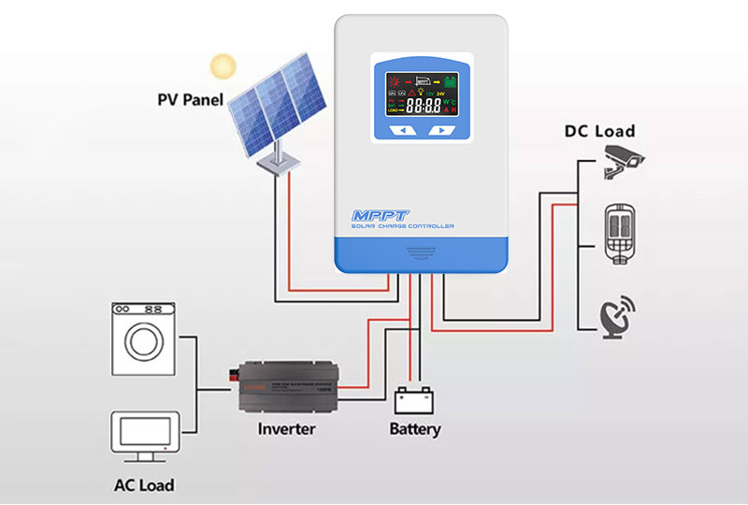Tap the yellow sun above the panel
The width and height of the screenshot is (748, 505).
tap(223, 66)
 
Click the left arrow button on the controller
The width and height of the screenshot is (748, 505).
tap(402, 131)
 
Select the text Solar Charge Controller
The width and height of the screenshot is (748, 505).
tap(403, 227)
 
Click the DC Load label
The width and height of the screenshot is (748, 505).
tap(599, 131)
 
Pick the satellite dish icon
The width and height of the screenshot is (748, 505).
tap(617, 314)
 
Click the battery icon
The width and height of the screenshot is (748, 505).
tap(412, 399)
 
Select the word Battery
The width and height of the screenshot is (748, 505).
tap(414, 430)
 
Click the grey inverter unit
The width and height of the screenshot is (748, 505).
tap(290, 386)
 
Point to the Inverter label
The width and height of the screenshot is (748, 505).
tap(286, 429)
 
